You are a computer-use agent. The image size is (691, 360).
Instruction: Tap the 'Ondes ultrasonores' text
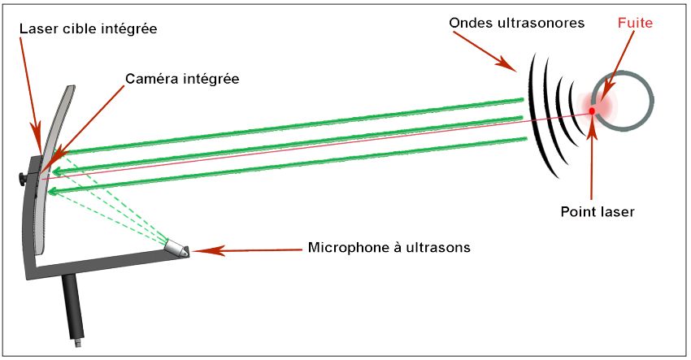517,23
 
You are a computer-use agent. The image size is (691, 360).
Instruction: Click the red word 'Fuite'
635,24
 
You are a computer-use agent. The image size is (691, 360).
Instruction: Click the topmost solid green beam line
293,126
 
